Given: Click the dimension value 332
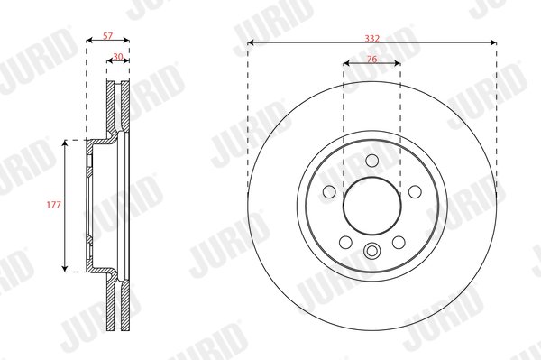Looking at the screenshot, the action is [x=371, y=38].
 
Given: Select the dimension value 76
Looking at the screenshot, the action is [x=371, y=59].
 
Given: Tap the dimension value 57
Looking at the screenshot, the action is [x=107, y=35].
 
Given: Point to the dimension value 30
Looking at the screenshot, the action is [x=118, y=56].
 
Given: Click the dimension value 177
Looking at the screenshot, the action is [x=53, y=205].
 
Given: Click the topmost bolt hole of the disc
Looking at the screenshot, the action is [x=371, y=161].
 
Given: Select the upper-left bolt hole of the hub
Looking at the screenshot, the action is [x=329, y=192].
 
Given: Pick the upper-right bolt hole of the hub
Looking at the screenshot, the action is [x=415, y=192].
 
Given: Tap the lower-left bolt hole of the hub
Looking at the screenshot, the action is [x=345, y=243].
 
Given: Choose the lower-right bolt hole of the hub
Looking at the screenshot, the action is [x=399, y=243].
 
